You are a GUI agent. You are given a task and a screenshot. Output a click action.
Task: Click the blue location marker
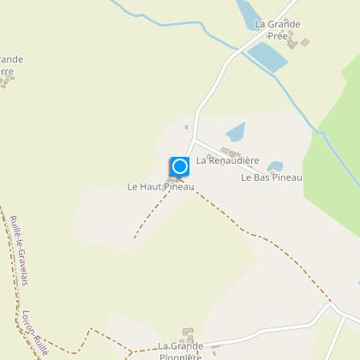click(x=179, y=166)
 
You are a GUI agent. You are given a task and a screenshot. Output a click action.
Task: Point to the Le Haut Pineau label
click(x=161, y=186)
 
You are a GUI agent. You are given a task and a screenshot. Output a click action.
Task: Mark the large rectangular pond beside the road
click(x=268, y=57)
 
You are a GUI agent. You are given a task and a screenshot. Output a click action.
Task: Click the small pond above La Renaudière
click(x=235, y=132)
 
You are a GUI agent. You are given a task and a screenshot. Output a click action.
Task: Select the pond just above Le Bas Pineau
click(x=274, y=166)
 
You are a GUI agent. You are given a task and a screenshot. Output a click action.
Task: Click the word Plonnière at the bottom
click(x=180, y=357)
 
